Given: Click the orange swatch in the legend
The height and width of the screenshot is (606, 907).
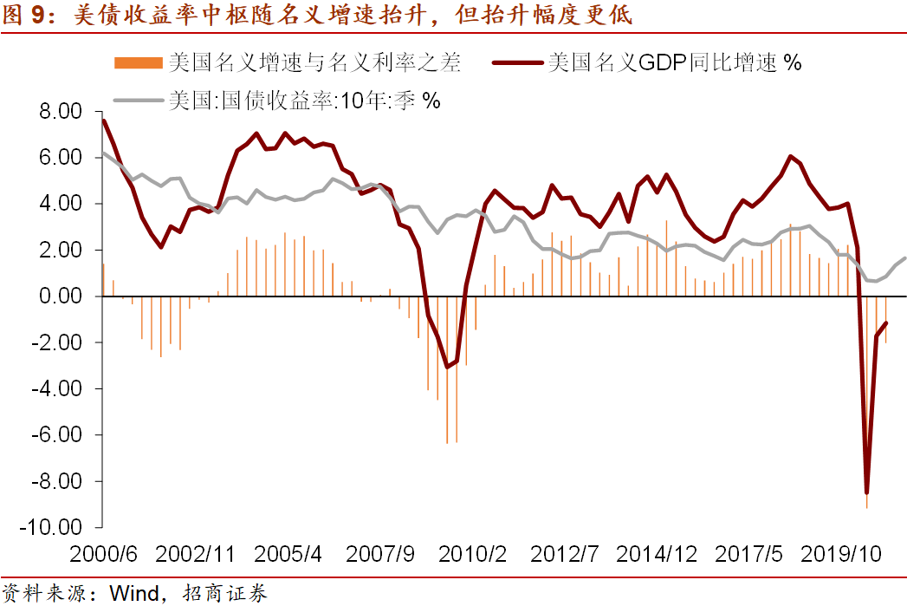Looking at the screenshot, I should (138, 62).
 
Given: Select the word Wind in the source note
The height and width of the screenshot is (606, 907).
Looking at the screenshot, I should (135, 593).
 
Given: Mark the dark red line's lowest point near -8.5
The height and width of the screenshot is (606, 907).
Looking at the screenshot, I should (866, 492).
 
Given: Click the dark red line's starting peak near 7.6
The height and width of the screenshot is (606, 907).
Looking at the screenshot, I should (104, 121).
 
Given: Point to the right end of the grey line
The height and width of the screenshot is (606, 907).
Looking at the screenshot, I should (905, 257).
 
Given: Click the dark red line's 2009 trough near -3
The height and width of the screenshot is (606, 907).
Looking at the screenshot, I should (447, 367).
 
